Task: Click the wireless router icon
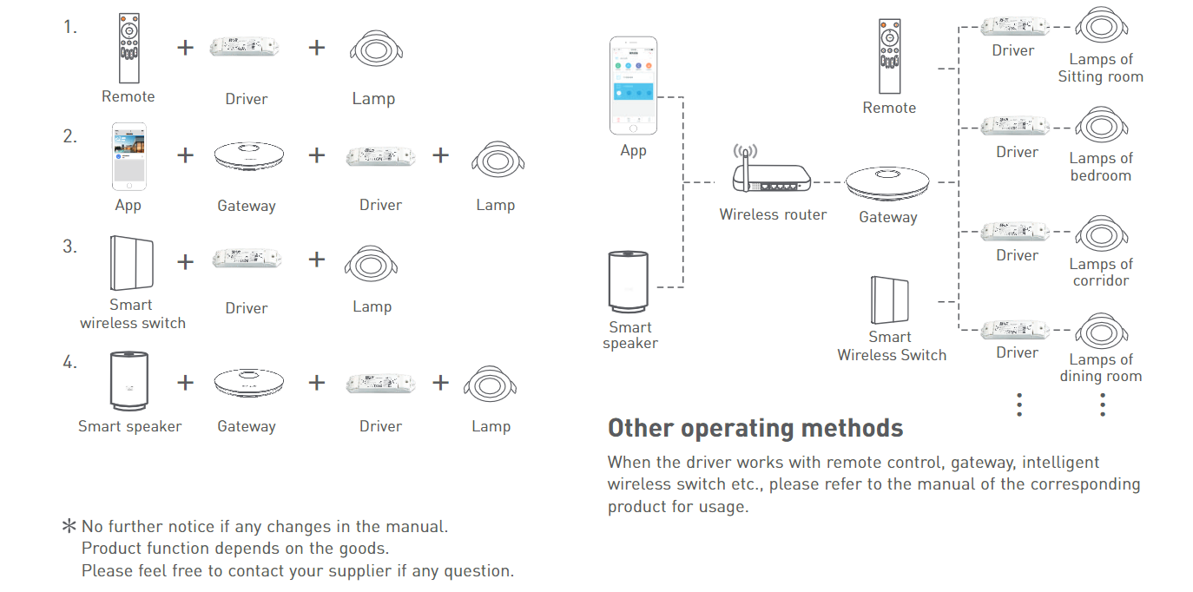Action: point(771,169)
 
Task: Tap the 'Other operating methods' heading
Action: point(755,428)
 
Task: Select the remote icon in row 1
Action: point(129,48)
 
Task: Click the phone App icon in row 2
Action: point(129,156)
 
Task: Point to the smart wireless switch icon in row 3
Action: point(132,263)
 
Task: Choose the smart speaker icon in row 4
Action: point(129,381)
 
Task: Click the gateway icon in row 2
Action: point(248,156)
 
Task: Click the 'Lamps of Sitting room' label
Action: point(1100,68)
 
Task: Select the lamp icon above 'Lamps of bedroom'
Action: point(1101,126)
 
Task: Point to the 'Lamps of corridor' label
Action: point(1101,272)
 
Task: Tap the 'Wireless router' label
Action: point(773,214)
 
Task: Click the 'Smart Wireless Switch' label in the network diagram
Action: point(892,346)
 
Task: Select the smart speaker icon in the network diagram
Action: point(629,281)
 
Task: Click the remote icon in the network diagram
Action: point(889,56)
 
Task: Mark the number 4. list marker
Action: point(69,363)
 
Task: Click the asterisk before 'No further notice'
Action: point(69,526)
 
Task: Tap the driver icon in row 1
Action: point(245,46)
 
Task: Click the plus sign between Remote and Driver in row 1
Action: point(185,48)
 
